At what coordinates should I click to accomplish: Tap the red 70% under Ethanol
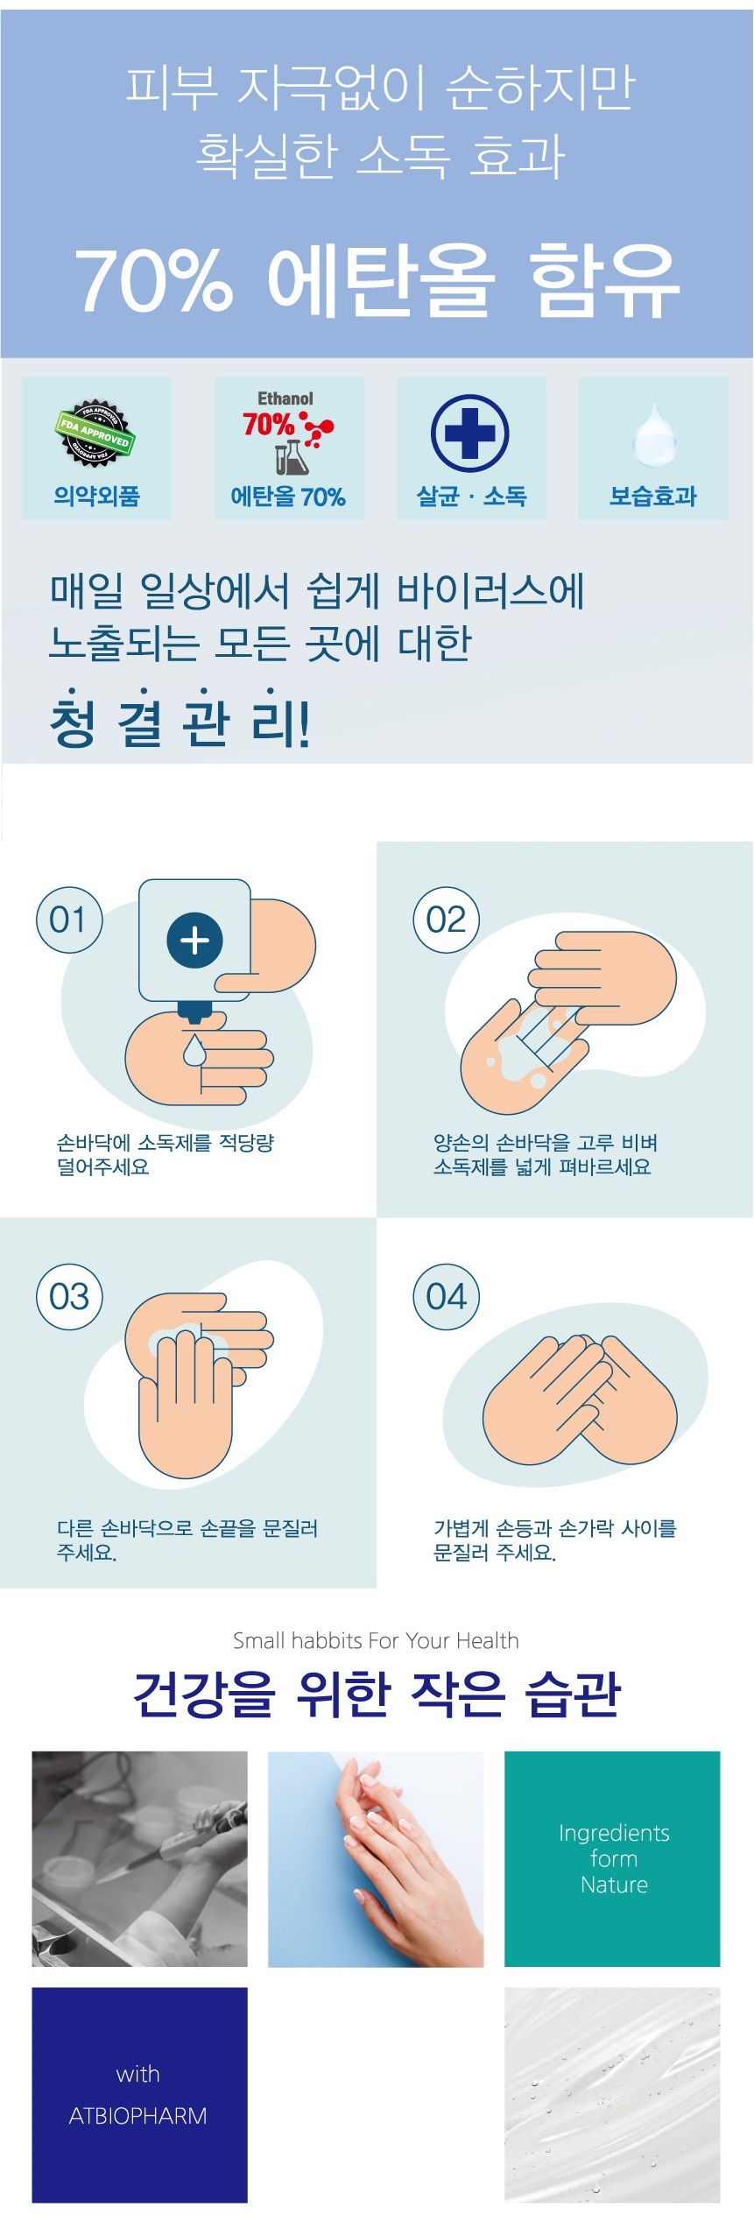coord(268,425)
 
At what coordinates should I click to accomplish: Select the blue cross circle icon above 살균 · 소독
coord(470,433)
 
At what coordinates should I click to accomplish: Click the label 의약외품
coord(96,497)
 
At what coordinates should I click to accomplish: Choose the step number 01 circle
coord(69,920)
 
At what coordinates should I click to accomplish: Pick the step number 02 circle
coord(447,920)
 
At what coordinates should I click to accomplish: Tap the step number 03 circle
coord(69,1296)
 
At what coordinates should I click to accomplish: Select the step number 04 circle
coord(447,1296)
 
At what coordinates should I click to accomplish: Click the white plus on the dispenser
coord(194,941)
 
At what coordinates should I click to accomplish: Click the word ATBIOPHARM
coord(138,2116)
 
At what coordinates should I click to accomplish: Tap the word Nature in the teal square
coord(614,1885)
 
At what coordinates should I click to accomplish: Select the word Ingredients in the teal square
coord(614,1834)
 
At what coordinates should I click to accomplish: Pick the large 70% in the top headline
coord(154,280)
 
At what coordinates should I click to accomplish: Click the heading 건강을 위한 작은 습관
coord(377,1694)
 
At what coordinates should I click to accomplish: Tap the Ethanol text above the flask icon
coord(285,398)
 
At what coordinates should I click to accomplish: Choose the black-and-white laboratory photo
coord(140,1859)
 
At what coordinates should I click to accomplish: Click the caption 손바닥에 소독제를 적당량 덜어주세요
coord(166,1154)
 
